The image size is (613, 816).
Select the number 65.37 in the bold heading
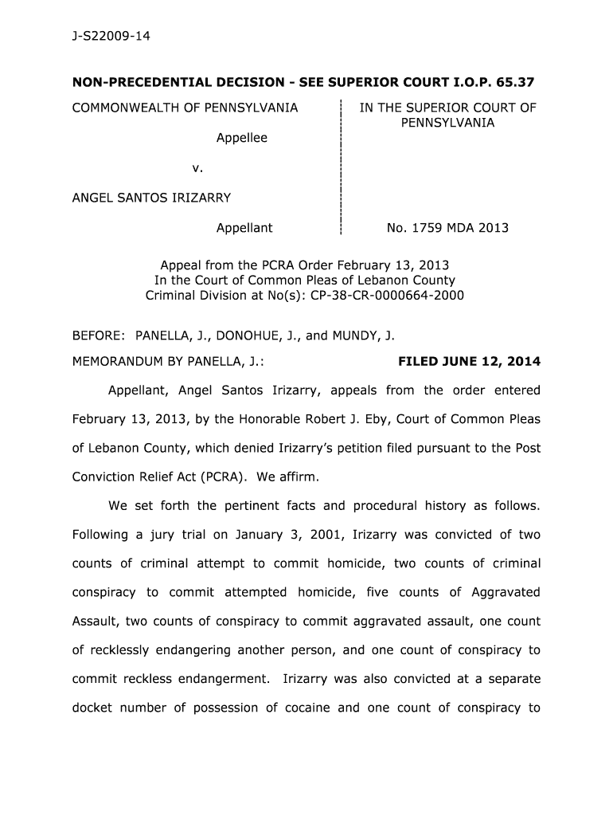tap(513, 81)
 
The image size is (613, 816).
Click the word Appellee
tap(242, 138)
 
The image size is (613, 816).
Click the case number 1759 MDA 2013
tap(447, 228)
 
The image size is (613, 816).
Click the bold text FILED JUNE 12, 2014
tap(469, 362)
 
